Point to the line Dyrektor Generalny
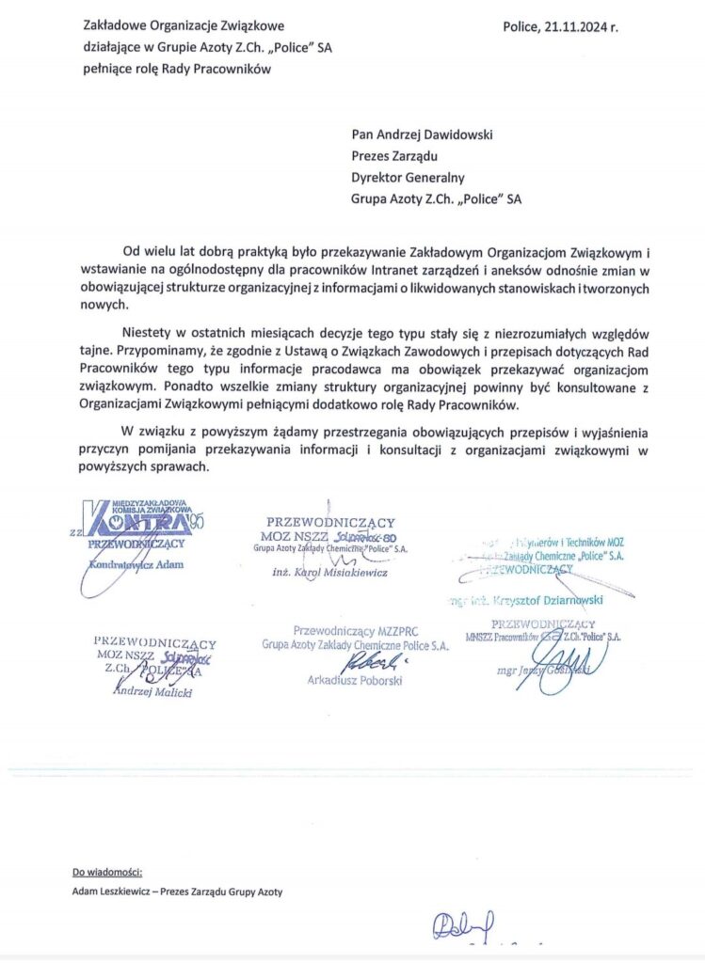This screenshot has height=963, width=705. pyautogui.click(x=408, y=178)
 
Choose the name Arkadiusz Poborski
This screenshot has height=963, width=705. pyautogui.click(x=355, y=680)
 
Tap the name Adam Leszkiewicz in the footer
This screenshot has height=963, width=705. pyautogui.click(x=112, y=892)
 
